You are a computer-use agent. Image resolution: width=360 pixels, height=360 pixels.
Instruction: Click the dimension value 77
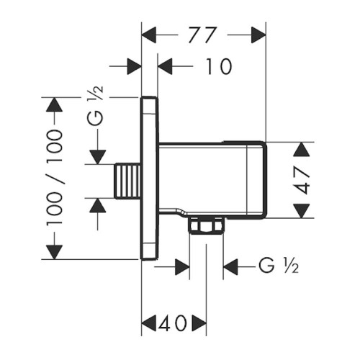[204, 34]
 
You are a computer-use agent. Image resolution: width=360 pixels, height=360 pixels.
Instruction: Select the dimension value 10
[213, 67]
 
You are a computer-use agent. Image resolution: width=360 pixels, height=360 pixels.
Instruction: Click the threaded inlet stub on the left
[128, 179]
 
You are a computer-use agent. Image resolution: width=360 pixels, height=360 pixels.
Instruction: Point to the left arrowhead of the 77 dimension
[149, 34]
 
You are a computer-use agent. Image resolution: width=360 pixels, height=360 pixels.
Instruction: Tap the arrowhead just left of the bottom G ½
[232, 267]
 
